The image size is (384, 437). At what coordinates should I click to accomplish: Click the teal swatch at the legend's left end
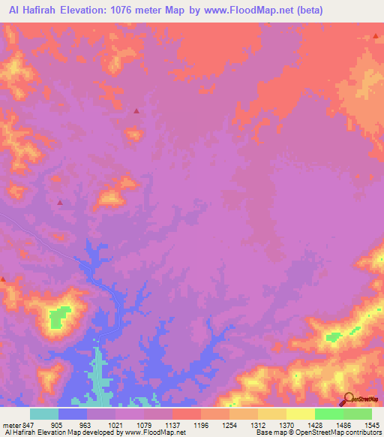[x=44, y=414]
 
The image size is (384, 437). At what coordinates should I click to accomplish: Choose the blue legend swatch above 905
[x=73, y=414]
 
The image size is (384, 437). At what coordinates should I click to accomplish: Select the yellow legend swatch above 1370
[x=271, y=414]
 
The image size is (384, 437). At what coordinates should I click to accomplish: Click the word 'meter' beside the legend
[x=12, y=424]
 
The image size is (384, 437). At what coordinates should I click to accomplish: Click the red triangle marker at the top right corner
[x=376, y=36]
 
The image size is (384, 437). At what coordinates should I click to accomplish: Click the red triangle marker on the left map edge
[x=3, y=279]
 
